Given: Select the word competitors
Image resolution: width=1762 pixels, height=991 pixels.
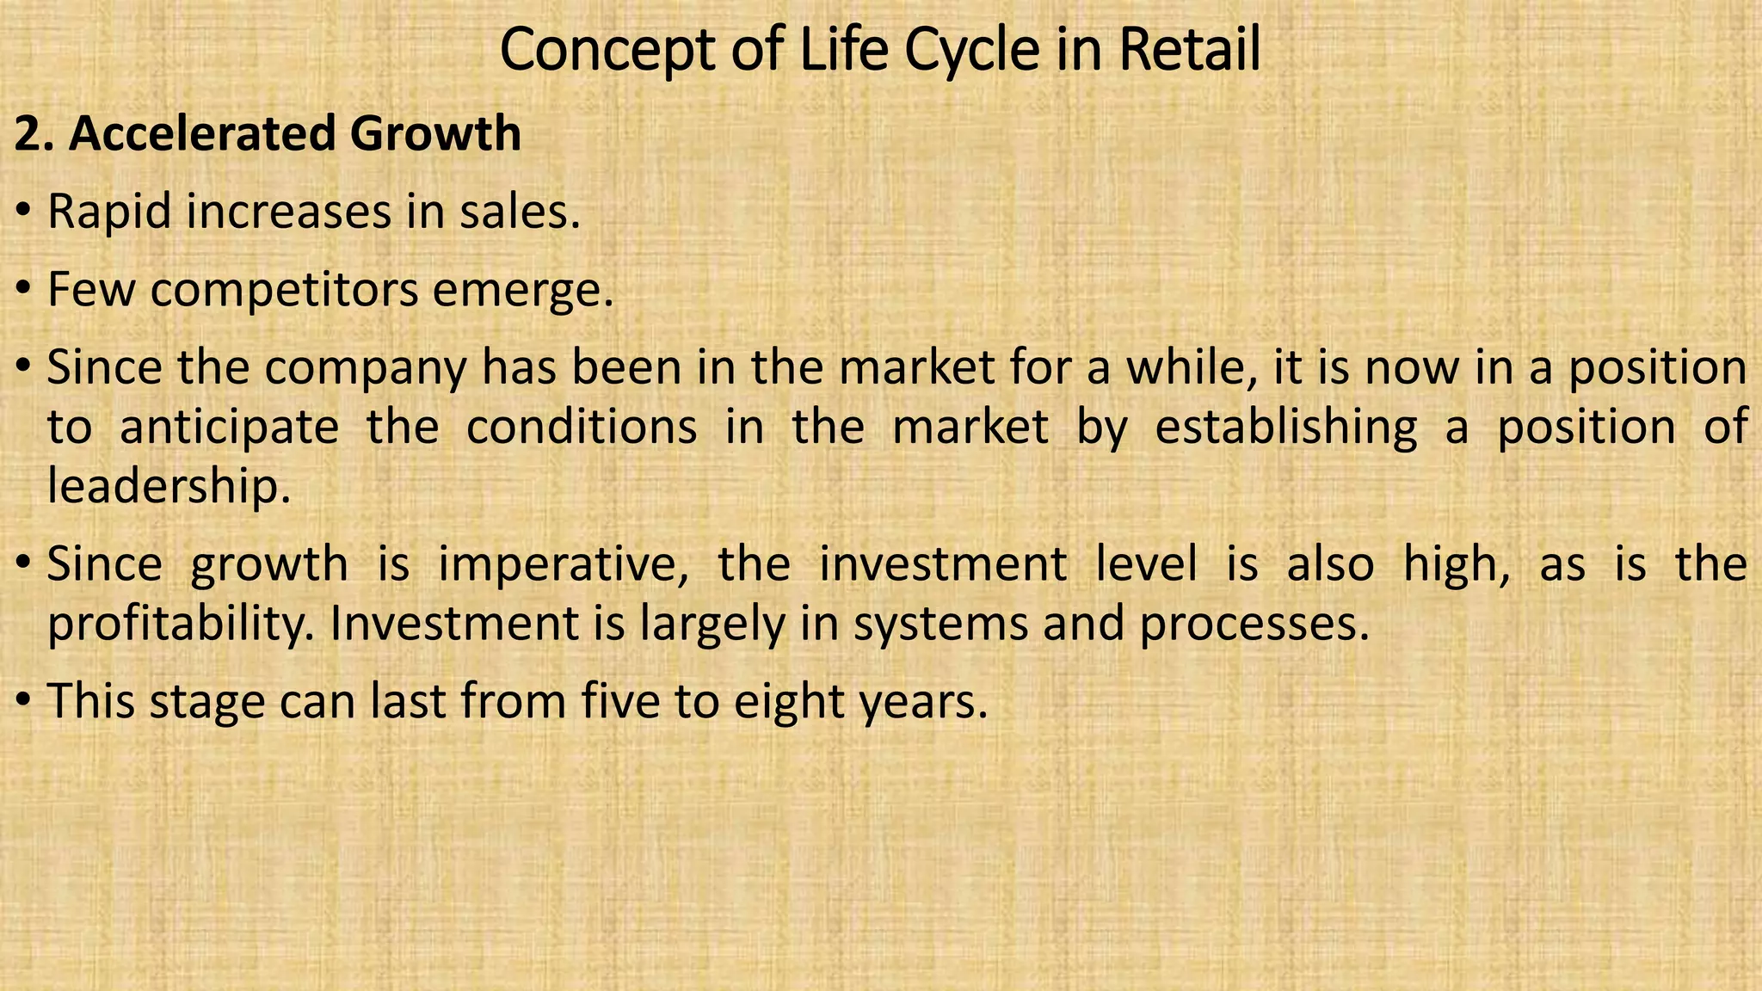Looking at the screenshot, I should coord(285,291).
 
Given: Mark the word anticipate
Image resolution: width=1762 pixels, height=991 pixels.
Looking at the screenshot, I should coord(229,428).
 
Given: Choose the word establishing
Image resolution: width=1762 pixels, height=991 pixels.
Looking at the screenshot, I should coord(1285,428).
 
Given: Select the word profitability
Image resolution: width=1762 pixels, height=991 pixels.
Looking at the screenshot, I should coord(182,625).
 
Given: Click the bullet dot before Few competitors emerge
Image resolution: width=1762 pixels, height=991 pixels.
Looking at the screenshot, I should coord(24,289).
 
